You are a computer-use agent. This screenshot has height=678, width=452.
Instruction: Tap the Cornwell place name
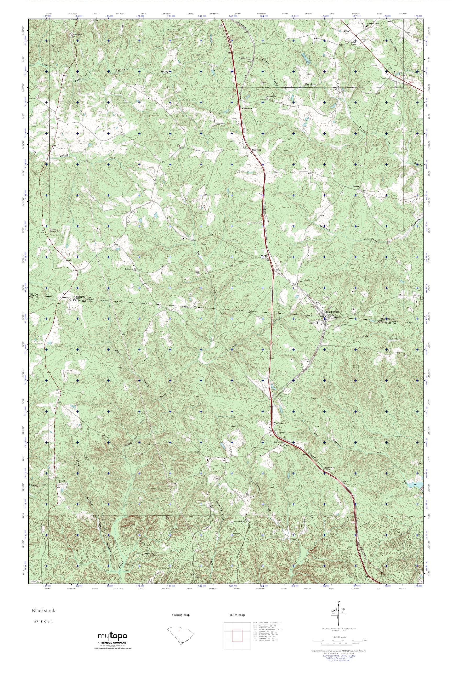pyautogui.click(x=256, y=150)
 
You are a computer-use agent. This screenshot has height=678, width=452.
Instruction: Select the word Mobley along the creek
pyautogui.click(x=65, y=155)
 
